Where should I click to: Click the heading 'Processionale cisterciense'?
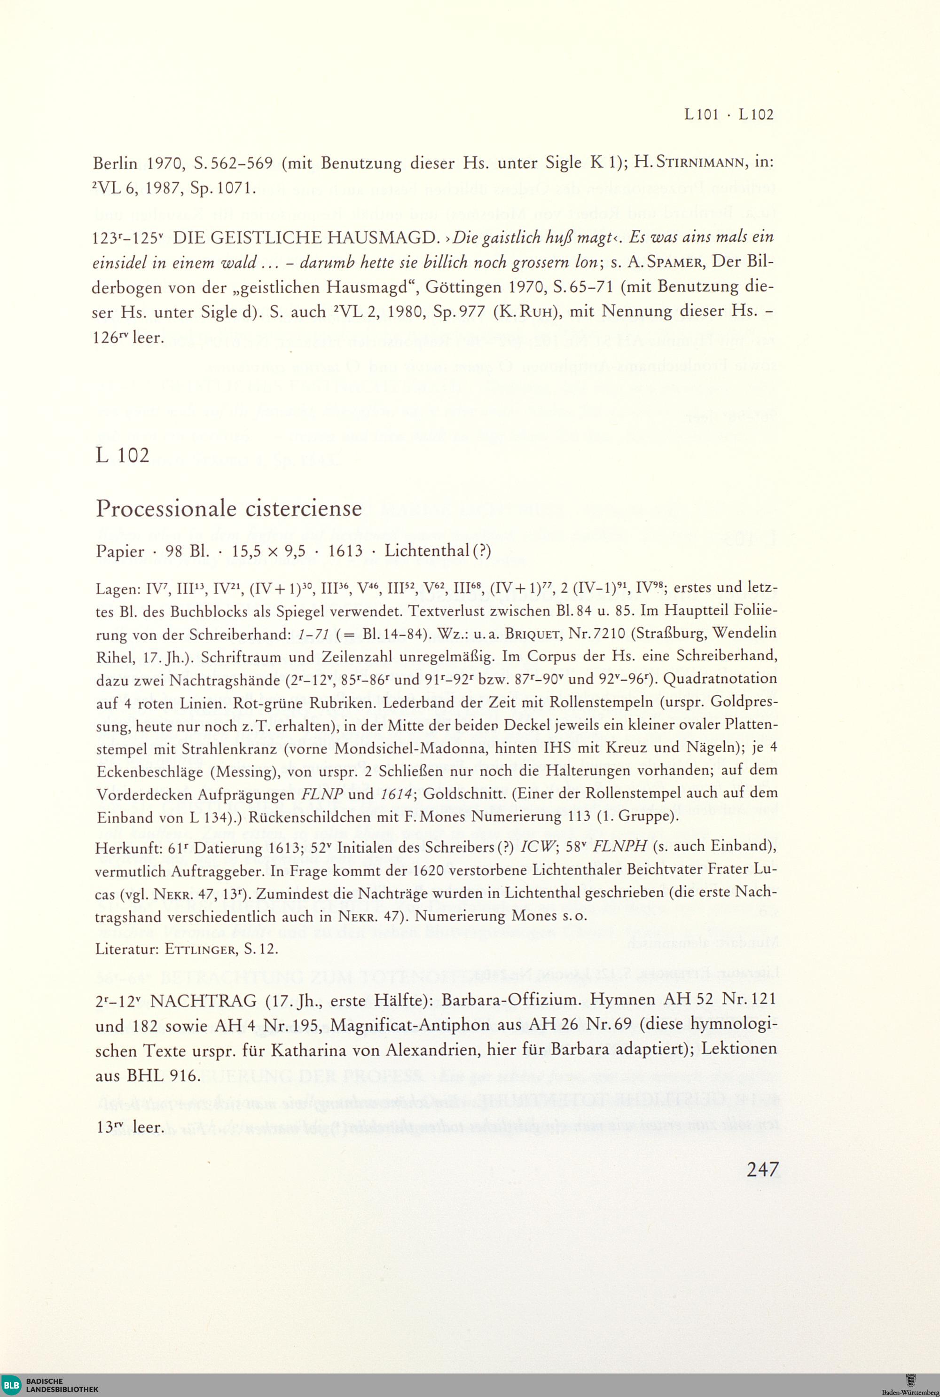(x=228, y=509)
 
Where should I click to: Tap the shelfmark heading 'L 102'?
(x=122, y=455)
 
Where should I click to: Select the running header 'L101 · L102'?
(x=729, y=115)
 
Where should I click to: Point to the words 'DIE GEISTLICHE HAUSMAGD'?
(x=305, y=238)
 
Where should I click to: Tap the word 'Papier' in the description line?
(x=120, y=551)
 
